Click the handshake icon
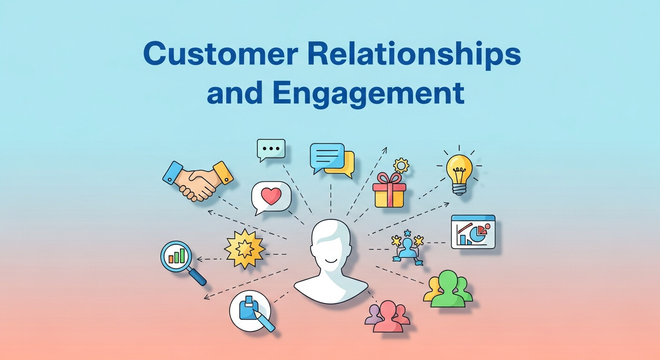click(198, 180)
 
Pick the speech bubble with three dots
click(271, 149)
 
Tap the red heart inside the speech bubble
click(271, 196)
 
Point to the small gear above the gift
click(401, 165)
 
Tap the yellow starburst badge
click(245, 248)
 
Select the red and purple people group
click(388, 316)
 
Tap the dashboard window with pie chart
click(473, 232)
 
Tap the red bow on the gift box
click(389, 179)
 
